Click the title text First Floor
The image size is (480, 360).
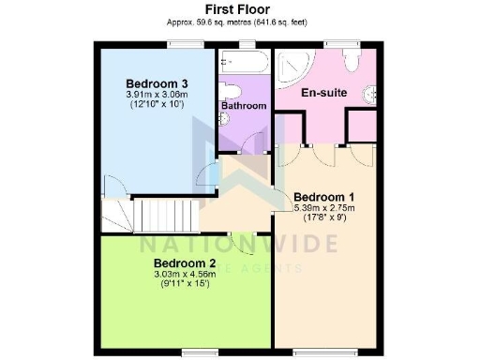pos(238,9)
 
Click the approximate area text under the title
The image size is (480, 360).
pos(238,21)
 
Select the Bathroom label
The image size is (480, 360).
pos(244,106)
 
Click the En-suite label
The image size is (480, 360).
pos(318,95)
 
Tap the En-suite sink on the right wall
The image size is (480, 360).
pos(376,93)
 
